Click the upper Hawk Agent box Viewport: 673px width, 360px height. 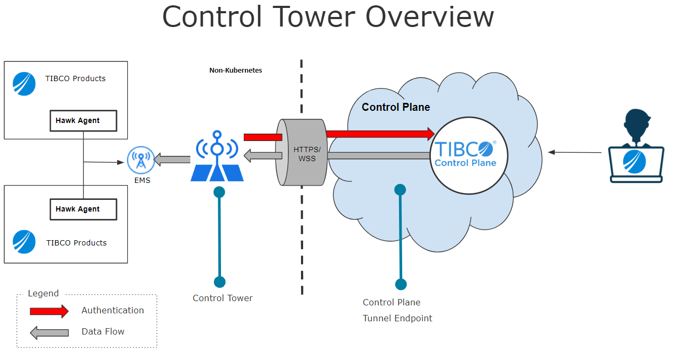point(83,121)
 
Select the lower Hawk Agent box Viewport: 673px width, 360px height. point(83,209)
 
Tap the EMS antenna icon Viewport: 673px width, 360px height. point(141,160)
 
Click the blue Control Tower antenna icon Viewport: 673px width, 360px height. point(217,156)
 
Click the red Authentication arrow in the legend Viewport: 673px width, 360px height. point(49,311)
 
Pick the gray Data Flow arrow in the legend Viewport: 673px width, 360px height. point(49,332)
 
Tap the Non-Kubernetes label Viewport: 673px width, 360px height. point(236,70)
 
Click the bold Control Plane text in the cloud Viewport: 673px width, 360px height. point(396,107)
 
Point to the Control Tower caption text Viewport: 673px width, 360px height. point(223,298)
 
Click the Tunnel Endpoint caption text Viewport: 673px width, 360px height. point(397,318)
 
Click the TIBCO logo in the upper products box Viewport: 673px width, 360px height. point(24,84)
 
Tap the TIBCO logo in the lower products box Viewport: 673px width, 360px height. point(24,242)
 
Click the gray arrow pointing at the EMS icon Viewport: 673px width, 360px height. point(172,159)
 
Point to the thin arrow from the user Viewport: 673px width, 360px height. point(575,152)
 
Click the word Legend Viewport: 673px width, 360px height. point(43,293)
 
